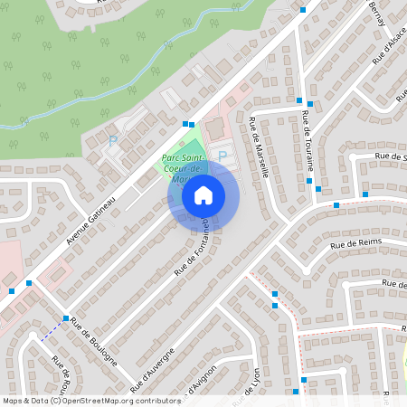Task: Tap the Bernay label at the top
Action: point(378,13)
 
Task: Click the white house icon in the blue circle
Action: point(203,194)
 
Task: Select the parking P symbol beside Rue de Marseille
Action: point(222,156)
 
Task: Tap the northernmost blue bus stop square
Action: point(303,9)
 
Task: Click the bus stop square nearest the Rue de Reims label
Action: point(336,205)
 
